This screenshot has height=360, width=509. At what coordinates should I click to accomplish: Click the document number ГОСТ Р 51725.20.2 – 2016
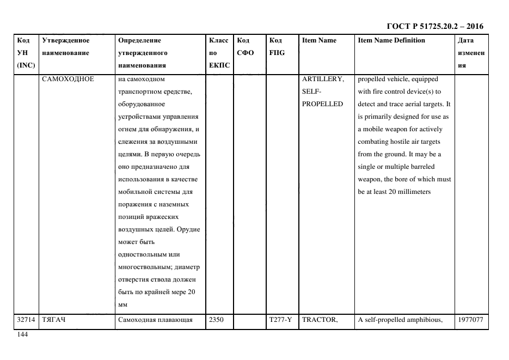tap(434, 26)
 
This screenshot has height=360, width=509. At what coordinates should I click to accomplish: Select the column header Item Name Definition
tap(391, 40)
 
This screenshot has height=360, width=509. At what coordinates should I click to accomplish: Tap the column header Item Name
tap(319, 40)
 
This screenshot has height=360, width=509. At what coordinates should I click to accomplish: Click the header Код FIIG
tap(277, 46)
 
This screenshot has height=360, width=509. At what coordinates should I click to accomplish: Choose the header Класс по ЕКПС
tap(219, 53)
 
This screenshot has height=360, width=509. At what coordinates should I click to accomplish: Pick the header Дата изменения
tap(471, 53)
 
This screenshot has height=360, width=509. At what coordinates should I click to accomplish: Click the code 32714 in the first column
tap(26, 320)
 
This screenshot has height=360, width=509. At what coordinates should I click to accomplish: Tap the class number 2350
tap(217, 320)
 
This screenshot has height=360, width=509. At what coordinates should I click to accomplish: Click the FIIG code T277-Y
tap(280, 320)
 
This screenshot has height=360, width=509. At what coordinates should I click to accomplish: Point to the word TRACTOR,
tap(320, 320)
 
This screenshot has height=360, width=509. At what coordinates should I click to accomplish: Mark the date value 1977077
tap(471, 320)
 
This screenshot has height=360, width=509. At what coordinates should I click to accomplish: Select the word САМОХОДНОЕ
tap(68, 79)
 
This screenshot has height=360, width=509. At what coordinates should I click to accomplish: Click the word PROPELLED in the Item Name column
tap(322, 104)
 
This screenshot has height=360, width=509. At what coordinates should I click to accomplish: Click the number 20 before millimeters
tap(393, 192)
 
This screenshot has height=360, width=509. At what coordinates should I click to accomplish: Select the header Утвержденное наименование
tap(66, 46)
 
